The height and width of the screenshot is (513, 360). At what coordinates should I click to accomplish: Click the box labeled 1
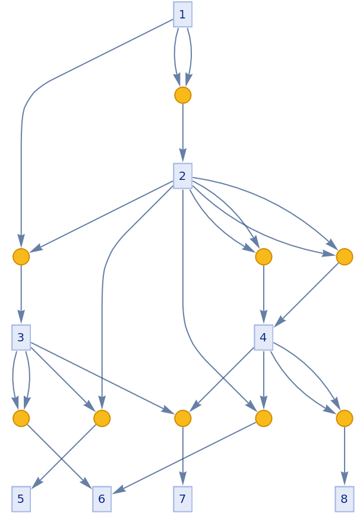point(182,14)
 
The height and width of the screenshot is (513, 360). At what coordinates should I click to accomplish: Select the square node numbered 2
point(182,176)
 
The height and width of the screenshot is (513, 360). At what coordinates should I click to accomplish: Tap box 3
point(21,337)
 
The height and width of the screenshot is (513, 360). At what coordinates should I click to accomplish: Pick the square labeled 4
point(263,337)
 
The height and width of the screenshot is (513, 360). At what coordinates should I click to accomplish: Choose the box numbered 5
point(21,499)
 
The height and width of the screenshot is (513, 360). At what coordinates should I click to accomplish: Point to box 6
point(102,499)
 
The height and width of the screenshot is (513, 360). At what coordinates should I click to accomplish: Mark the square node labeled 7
point(182,499)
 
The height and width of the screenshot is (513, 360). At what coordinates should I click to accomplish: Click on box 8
point(344,499)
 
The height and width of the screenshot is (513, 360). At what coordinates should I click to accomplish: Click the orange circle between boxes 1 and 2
point(182,95)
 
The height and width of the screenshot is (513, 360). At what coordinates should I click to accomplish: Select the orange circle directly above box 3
point(21,256)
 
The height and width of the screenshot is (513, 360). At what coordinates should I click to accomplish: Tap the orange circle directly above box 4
point(263,256)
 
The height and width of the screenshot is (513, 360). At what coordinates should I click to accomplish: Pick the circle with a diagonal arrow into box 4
point(344,256)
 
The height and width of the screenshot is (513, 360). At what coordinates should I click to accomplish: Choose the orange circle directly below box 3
point(21,418)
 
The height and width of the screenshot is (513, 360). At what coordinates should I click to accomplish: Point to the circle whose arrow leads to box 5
point(102,418)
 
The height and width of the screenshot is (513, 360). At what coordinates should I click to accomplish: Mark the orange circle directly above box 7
point(182,418)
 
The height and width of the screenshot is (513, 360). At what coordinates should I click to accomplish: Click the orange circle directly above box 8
point(344,418)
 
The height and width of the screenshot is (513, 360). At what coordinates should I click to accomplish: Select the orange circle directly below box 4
point(263,418)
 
